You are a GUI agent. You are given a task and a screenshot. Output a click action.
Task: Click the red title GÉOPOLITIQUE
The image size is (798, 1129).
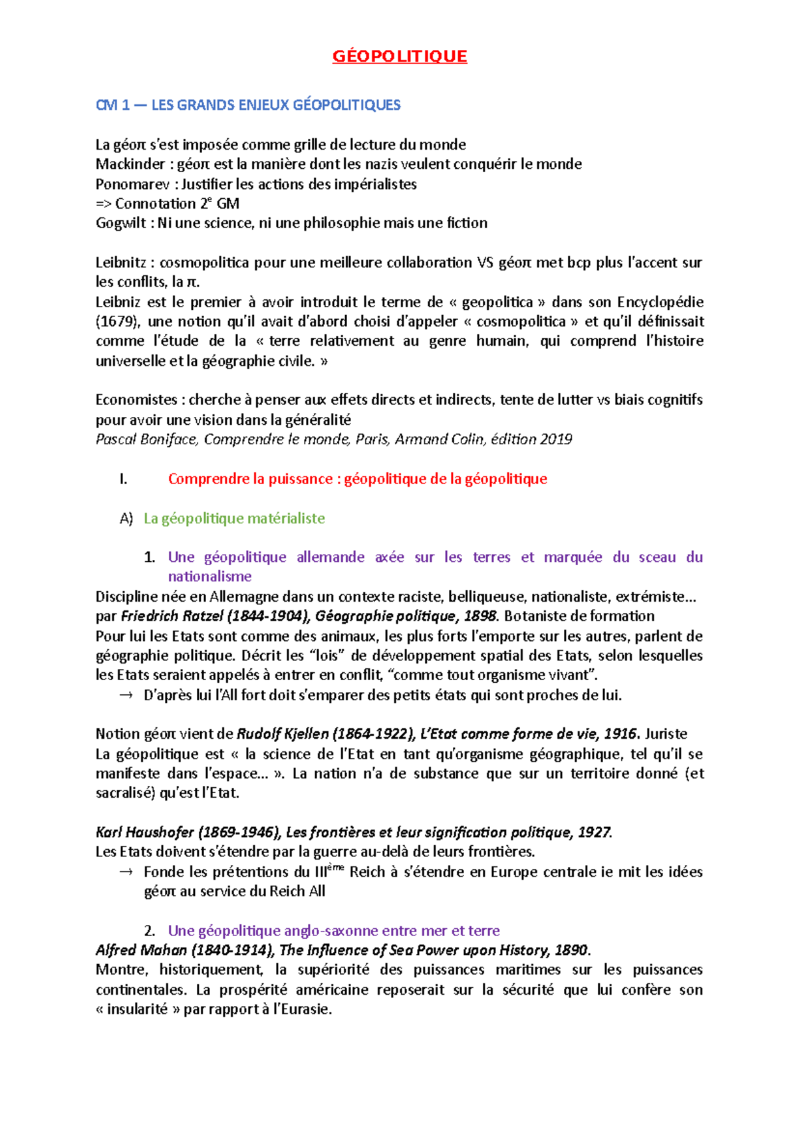[400, 57]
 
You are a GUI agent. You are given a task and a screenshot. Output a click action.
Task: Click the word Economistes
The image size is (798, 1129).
[136, 400]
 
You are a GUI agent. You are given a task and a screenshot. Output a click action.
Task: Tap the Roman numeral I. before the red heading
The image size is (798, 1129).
[123, 479]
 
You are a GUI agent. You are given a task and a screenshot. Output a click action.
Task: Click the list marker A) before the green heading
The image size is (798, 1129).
[126, 519]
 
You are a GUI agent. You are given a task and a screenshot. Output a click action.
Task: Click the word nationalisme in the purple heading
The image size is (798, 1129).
[209, 576]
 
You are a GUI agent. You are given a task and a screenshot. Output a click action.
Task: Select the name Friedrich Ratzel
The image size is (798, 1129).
[172, 616]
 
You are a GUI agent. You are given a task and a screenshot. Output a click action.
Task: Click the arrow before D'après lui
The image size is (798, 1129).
[126, 695]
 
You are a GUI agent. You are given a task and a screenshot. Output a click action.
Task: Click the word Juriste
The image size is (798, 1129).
[666, 734]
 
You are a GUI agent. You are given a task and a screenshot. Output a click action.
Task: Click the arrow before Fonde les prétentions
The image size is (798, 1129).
[126, 872]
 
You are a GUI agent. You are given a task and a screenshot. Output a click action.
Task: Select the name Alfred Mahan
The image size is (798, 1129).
[140, 950]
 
